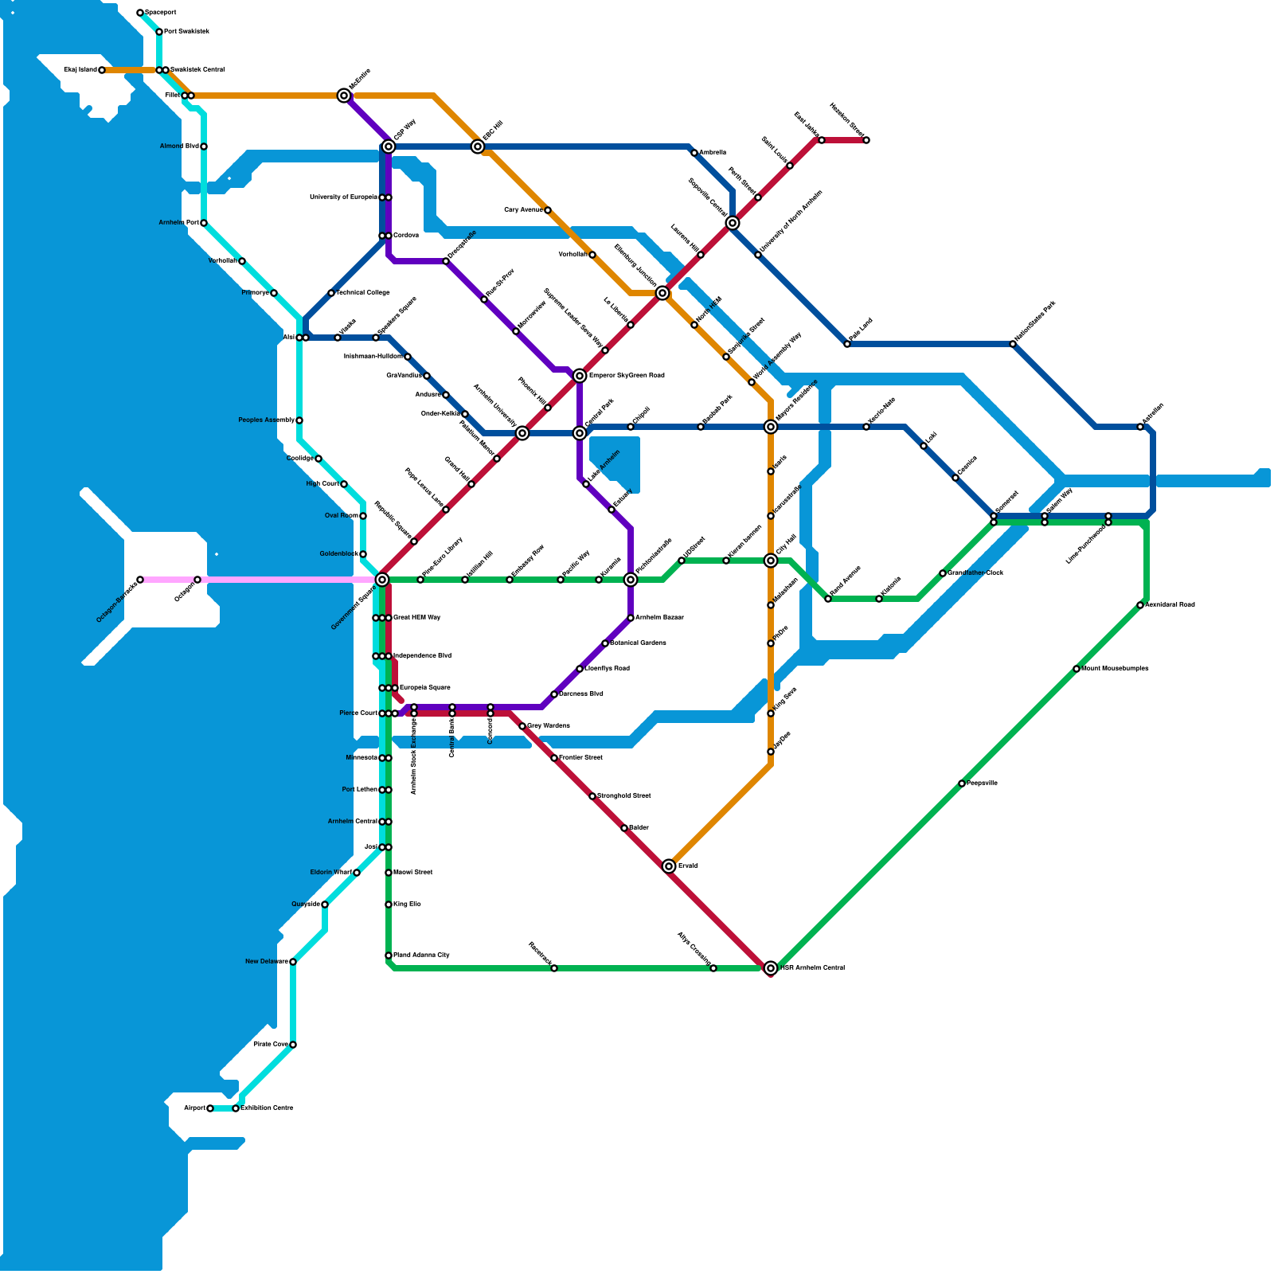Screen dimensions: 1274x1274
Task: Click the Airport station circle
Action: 210,1108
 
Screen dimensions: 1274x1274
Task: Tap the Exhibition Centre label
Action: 267,1108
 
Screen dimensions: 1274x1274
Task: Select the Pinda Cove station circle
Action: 293,1045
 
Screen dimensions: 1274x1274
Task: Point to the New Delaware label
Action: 266,962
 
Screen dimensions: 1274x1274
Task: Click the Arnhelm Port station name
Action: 178,223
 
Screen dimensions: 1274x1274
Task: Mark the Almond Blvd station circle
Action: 204,147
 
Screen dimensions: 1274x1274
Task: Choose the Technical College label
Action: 362,293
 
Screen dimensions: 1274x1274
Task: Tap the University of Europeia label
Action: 343,197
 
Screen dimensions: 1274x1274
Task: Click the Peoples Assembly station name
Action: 266,420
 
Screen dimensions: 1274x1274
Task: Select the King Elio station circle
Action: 389,905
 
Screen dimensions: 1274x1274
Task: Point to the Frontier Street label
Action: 580,758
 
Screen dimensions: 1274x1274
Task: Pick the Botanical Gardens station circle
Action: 605,643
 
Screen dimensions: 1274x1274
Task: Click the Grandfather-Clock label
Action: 975,573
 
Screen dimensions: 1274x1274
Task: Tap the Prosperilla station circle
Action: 962,784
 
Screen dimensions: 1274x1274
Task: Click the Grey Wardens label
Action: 549,726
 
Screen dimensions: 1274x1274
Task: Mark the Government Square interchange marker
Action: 382,580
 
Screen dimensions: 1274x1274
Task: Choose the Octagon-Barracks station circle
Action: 140,580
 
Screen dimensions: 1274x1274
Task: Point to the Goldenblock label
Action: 338,554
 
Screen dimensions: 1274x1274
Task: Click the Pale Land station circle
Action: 847,344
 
